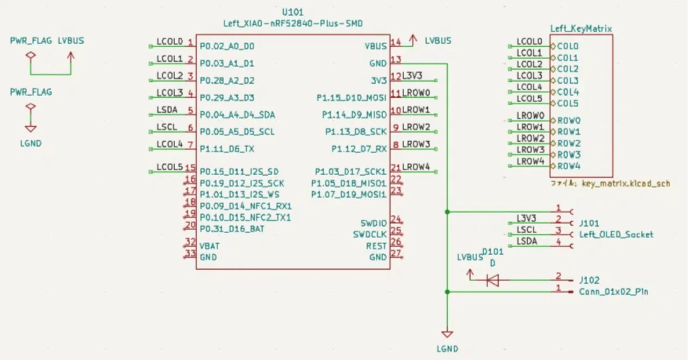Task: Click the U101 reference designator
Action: (x=292, y=12)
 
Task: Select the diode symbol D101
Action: (x=492, y=280)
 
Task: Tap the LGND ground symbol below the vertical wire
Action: (x=447, y=334)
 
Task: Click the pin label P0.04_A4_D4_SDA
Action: (x=237, y=115)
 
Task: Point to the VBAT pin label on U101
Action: (x=209, y=246)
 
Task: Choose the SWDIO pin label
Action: (x=373, y=223)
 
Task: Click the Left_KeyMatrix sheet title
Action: (x=581, y=28)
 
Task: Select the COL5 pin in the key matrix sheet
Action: (x=567, y=104)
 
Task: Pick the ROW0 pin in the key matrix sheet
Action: (x=569, y=121)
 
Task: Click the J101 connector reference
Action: (x=589, y=223)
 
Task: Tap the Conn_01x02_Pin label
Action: (x=613, y=292)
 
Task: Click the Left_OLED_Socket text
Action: (x=616, y=234)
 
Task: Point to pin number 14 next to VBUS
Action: (x=396, y=42)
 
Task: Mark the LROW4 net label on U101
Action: (x=417, y=167)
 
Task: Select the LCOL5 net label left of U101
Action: (x=170, y=167)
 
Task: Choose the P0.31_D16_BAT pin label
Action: (x=232, y=229)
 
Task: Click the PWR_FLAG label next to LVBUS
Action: (x=31, y=41)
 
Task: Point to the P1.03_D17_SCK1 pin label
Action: (x=350, y=172)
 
